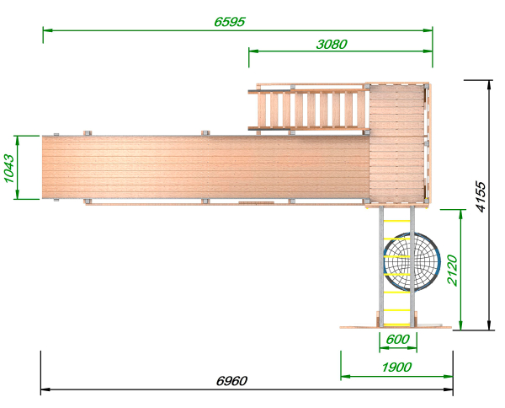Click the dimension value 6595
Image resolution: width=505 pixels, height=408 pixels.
tap(230, 22)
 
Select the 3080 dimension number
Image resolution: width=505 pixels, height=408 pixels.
tap(332, 44)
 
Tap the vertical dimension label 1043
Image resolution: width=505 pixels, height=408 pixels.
tap(9, 169)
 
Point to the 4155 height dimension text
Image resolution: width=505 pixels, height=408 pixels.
tap(481, 196)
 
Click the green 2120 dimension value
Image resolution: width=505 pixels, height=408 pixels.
tap(453, 271)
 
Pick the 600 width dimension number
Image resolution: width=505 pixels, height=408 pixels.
tap(398, 340)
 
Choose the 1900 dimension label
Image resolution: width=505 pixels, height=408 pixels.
tap(396, 367)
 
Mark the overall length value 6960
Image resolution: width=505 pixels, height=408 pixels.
tap(231, 381)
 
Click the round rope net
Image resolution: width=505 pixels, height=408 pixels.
tap(412, 261)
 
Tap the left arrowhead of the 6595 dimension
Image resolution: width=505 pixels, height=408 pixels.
tap(47, 30)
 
